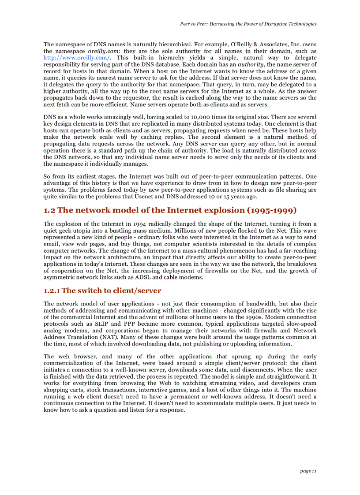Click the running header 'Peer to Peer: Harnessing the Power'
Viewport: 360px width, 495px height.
tap(248, 24)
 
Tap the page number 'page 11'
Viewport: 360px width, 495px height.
tap(308, 471)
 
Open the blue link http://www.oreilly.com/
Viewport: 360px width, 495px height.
tap(76, 58)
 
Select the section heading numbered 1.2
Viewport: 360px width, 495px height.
tap(170, 210)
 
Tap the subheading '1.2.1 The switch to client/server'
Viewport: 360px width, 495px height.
tap(102, 290)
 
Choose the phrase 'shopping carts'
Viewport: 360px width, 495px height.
tap(62, 390)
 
